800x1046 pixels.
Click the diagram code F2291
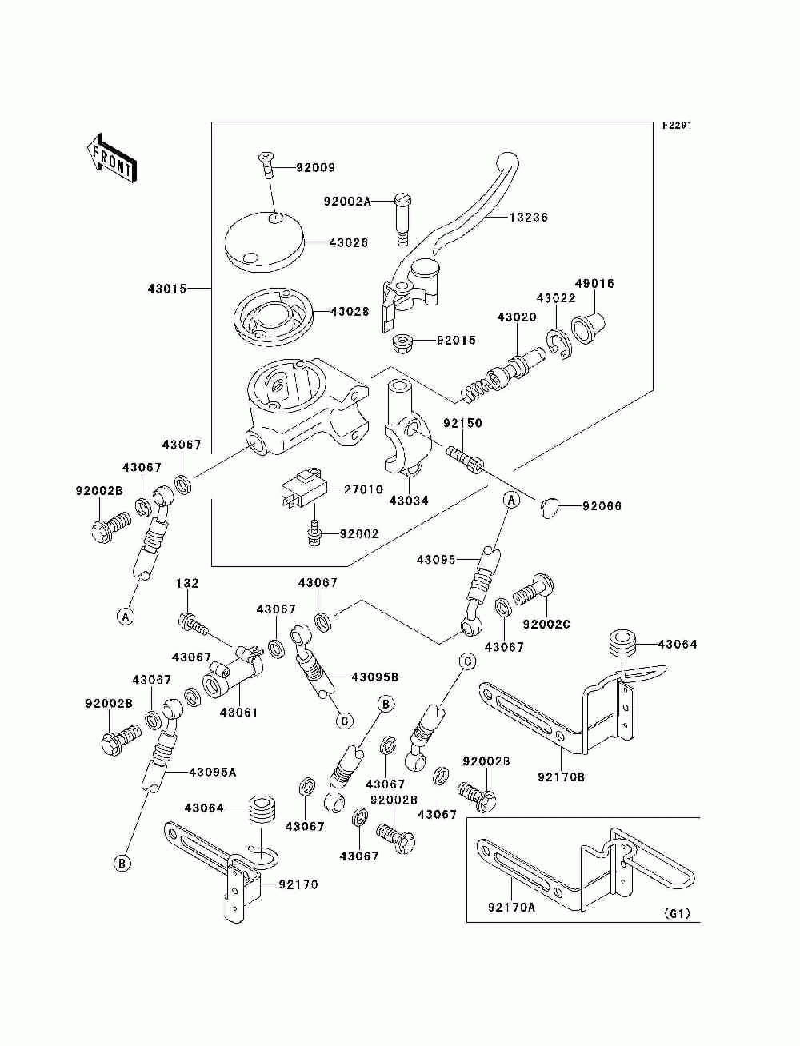[x=676, y=126]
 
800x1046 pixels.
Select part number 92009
[x=315, y=168]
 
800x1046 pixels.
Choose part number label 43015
[x=166, y=288]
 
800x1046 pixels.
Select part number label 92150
[x=463, y=423]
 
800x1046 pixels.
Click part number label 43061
[x=238, y=712]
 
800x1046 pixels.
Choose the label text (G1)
[x=677, y=913]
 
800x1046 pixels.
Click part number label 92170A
[x=510, y=907]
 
